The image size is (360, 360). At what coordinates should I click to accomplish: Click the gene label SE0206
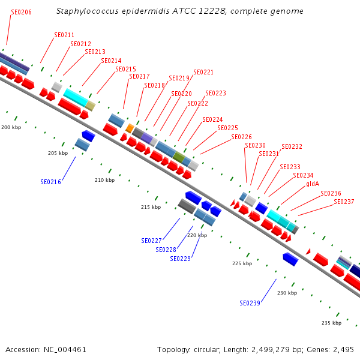coord(22,12)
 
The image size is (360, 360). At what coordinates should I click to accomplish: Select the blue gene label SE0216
coord(51,181)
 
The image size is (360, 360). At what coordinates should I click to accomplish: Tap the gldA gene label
coord(312,184)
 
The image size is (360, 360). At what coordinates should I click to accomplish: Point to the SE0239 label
coord(250,303)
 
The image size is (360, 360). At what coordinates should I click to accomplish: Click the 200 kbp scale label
coord(11,127)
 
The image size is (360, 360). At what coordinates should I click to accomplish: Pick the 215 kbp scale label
coord(151,207)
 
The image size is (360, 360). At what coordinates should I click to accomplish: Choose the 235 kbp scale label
coord(331,323)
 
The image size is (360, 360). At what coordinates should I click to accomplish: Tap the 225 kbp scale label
coord(242,263)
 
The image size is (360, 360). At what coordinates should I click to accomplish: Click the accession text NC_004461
coord(65,349)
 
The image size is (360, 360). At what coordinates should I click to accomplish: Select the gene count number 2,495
coord(344,349)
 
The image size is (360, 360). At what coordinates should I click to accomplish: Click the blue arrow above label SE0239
coord(290,259)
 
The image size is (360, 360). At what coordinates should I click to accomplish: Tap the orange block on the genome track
coord(130,128)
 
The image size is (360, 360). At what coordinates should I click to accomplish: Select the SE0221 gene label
coord(203,72)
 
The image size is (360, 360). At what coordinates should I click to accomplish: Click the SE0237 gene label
coord(344,202)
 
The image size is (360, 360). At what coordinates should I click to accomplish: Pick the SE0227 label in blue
coord(152,241)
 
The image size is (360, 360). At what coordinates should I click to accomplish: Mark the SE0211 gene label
coord(64,35)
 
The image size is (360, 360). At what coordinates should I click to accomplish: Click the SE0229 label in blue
coord(181,259)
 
